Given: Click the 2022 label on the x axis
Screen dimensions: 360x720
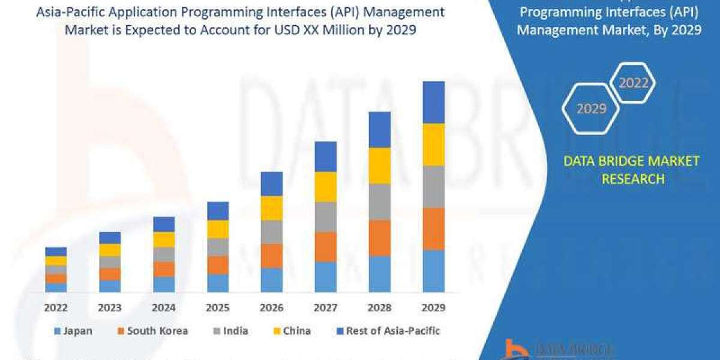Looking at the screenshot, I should coord(56,308).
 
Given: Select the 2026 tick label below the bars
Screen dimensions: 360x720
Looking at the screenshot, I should coord(271,308).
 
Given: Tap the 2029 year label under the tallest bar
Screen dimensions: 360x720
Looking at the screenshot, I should coord(433,308).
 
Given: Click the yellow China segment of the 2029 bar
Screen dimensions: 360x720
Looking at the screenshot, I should coord(433,145).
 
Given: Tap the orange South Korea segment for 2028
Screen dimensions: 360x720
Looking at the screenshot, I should coord(379,238).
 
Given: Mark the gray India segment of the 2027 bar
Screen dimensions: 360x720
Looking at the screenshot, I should coord(325,217).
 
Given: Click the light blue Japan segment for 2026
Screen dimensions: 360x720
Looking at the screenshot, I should coord(271,280).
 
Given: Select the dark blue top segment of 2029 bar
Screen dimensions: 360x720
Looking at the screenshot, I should coord(433,102).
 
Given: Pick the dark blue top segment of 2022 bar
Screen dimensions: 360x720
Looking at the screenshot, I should coord(56,251).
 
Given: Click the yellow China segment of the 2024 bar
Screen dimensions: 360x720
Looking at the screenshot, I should coord(164,239).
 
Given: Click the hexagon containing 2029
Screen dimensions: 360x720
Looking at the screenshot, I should coord(591,109).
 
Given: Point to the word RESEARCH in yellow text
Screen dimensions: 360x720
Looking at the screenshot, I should coord(633,179).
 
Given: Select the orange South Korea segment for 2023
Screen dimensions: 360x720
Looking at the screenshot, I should coord(110,274).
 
